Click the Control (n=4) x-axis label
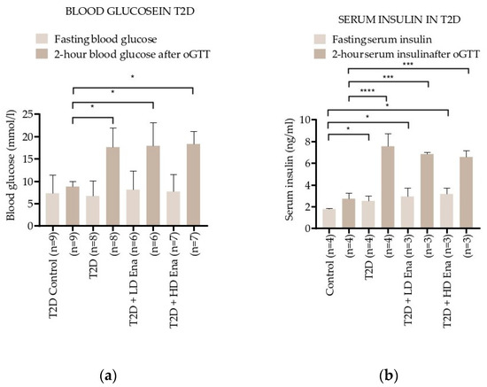(x=329, y=257)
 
